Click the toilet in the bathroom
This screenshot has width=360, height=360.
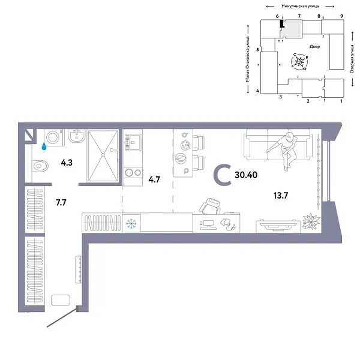(x=40, y=164)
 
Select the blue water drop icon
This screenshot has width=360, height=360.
(x=43, y=145)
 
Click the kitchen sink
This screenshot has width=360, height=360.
(x=132, y=142)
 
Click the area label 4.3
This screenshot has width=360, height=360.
(x=67, y=161)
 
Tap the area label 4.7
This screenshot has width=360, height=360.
(x=154, y=179)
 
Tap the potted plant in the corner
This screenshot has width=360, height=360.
(x=310, y=221)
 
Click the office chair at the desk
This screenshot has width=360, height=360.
(x=211, y=208)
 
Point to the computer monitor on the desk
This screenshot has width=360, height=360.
(x=208, y=225)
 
